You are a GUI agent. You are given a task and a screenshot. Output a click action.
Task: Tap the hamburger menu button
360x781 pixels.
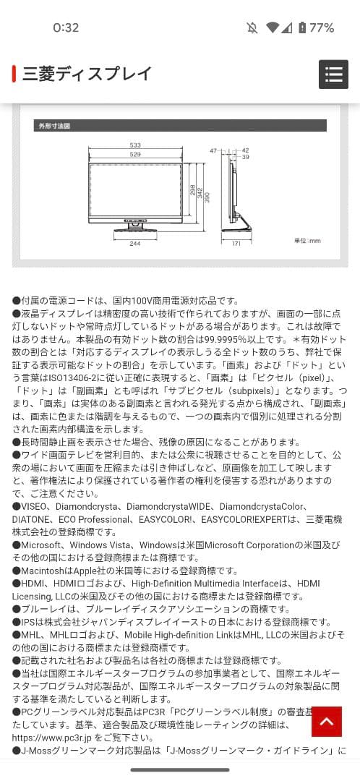(333, 74)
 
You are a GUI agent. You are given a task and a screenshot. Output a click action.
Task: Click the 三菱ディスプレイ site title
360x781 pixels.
(87, 74)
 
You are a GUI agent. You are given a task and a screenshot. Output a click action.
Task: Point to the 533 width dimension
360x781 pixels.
(135, 145)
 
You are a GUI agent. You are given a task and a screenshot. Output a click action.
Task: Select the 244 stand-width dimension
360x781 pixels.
(135, 244)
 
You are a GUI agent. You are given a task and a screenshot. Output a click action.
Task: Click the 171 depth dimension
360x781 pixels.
(236, 244)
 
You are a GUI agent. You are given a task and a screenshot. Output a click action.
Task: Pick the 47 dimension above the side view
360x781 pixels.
(213, 150)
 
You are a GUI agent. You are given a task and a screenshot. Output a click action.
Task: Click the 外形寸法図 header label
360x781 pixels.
(54, 126)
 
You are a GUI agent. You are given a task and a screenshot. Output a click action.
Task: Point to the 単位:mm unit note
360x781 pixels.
(307, 241)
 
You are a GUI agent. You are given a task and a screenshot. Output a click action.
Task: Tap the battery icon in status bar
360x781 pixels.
(301, 28)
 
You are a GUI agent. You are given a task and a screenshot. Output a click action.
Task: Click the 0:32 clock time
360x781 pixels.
(66, 28)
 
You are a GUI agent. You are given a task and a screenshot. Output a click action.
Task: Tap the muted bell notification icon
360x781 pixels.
(252, 28)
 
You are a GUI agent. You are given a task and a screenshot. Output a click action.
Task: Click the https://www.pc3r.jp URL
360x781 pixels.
(62, 738)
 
